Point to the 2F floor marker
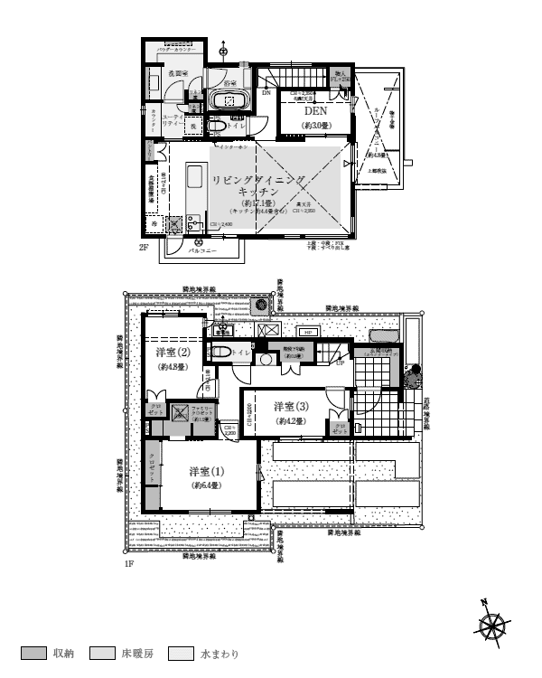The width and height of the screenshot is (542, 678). point(144,247)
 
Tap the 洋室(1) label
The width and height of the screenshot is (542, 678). point(207,472)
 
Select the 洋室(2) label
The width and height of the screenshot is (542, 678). point(172,353)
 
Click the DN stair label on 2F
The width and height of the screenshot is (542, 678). point(266,92)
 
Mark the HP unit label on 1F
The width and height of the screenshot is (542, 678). point(308,333)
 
